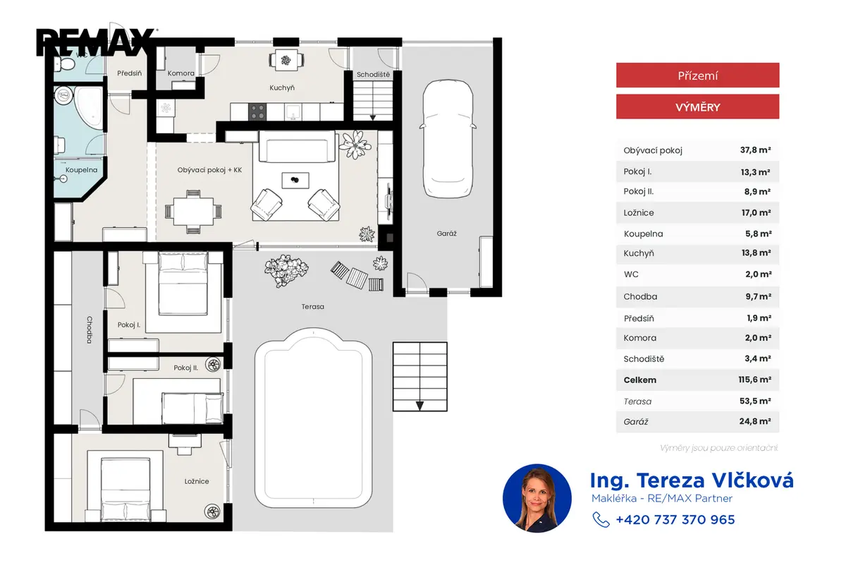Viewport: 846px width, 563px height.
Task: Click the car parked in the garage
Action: (x=448, y=139)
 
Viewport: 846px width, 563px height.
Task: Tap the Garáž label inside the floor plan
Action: (x=446, y=234)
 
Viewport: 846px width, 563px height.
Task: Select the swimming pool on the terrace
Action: (x=313, y=418)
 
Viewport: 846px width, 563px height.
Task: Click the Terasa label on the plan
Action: (x=313, y=306)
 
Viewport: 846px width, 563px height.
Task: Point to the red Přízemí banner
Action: (x=697, y=75)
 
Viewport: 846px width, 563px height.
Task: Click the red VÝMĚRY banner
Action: (x=697, y=107)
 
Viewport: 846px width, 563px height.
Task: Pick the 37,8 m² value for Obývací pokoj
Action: (x=755, y=150)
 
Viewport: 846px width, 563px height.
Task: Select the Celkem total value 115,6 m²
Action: (x=754, y=380)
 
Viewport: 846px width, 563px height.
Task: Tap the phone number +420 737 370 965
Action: (x=675, y=519)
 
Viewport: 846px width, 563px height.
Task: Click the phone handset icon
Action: (x=601, y=519)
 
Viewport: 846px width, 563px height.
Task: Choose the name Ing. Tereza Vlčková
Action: (x=692, y=480)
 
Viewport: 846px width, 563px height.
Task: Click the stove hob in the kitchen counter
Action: (x=257, y=112)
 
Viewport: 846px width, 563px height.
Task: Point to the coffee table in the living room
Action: (x=295, y=181)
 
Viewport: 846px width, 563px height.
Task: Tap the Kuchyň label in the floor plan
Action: (x=282, y=87)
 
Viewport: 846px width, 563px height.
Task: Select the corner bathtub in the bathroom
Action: (x=87, y=107)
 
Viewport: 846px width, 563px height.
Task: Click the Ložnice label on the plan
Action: (x=197, y=481)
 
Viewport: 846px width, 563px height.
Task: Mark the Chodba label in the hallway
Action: (x=90, y=330)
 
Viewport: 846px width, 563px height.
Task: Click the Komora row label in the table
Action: (x=640, y=338)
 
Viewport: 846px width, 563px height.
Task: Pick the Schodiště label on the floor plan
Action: (x=373, y=75)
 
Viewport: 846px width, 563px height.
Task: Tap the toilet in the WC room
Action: (x=65, y=64)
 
